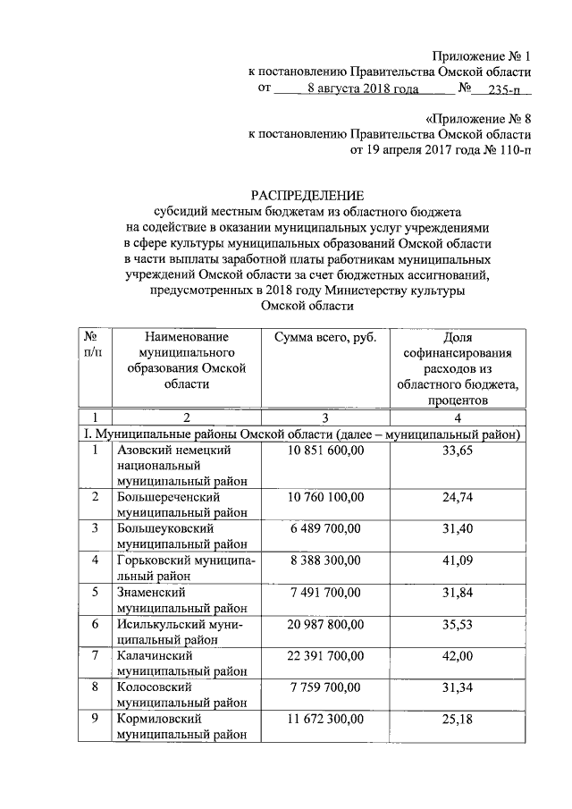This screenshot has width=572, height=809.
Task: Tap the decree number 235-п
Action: (x=506, y=88)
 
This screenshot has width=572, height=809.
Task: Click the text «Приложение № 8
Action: (x=477, y=118)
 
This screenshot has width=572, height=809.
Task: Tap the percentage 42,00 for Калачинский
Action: (x=457, y=655)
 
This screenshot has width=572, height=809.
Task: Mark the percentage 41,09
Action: (x=457, y=560)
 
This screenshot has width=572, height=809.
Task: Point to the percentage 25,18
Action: (x=457, y=718)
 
